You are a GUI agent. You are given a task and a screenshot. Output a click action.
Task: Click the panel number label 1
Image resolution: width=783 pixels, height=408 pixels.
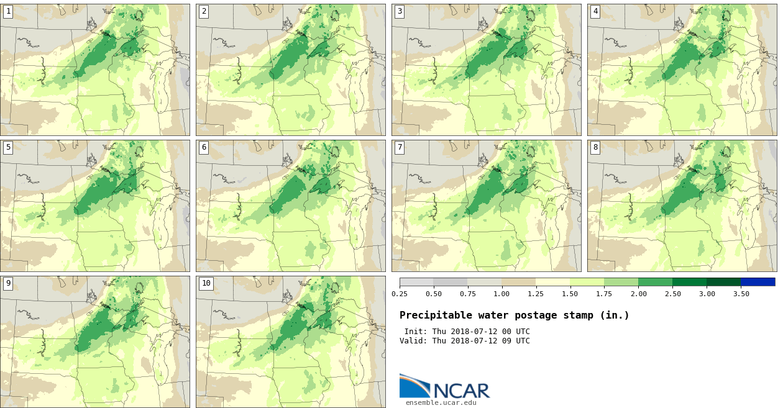[x=8, y=11]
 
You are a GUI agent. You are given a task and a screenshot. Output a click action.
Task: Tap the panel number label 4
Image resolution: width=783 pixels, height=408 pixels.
[x=595, y=11]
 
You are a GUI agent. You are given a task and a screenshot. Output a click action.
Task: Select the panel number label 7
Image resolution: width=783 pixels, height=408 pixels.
[x=400, y=147]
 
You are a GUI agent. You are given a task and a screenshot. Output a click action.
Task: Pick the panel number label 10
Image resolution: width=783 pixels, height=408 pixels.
[x=206, y=283]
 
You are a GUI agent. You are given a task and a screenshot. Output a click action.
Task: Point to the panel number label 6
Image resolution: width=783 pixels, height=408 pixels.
[x=204, y=147]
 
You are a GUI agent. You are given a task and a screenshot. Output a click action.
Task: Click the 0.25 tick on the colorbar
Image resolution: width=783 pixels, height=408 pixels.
[x=400, y=294]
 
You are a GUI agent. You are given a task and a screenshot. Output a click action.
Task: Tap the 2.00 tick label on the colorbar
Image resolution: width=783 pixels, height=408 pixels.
[x=638, y=294]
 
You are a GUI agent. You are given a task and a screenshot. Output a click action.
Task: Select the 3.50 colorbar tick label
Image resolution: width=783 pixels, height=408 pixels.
[x=741, y=294]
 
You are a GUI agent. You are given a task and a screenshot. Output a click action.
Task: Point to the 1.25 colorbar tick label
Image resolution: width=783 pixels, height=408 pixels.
[x=536, y=294]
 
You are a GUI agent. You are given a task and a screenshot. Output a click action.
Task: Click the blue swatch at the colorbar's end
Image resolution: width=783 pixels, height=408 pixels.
[x=758, y=282]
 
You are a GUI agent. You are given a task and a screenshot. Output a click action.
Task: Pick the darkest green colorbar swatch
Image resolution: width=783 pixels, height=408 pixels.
[x=723, y=282]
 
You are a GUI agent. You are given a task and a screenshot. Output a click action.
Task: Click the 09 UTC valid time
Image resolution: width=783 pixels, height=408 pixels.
[x=511, y=341]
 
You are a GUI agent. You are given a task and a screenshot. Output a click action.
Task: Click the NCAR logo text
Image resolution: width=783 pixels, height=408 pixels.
[x=461, y=391]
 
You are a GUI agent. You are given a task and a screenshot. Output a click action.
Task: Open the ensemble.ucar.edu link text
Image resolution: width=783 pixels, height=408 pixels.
[x=441, y=402]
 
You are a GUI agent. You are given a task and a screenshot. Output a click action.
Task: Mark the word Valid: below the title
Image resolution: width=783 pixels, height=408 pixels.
[x=413, y=341]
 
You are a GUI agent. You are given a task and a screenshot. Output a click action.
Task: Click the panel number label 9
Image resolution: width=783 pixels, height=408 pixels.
[x=8, y=283]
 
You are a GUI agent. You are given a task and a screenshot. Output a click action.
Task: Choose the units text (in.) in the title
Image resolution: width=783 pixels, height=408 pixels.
[x=615, y=315]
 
